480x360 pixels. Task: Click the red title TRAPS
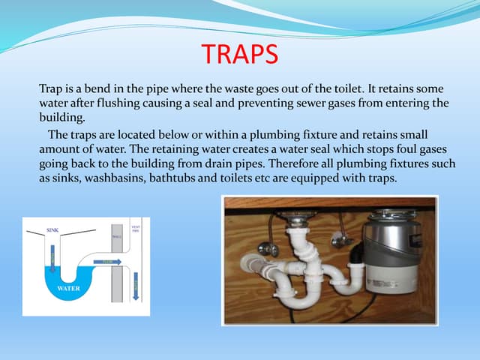coord(240,55)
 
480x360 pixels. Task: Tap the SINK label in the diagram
coord(53,229)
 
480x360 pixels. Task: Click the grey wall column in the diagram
coord(116,262)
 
